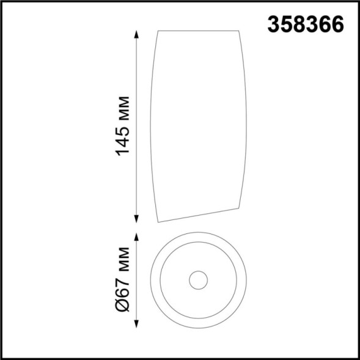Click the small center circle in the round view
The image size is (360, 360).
pyautogui.click(x=198, y=281)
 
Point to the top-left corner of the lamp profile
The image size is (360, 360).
pyautogui.click(x=160, y=30)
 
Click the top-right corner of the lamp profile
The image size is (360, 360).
pyautogui.click(x=238, y=30)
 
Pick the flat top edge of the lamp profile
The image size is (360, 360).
pyautogui.click(x=199, y=30)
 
